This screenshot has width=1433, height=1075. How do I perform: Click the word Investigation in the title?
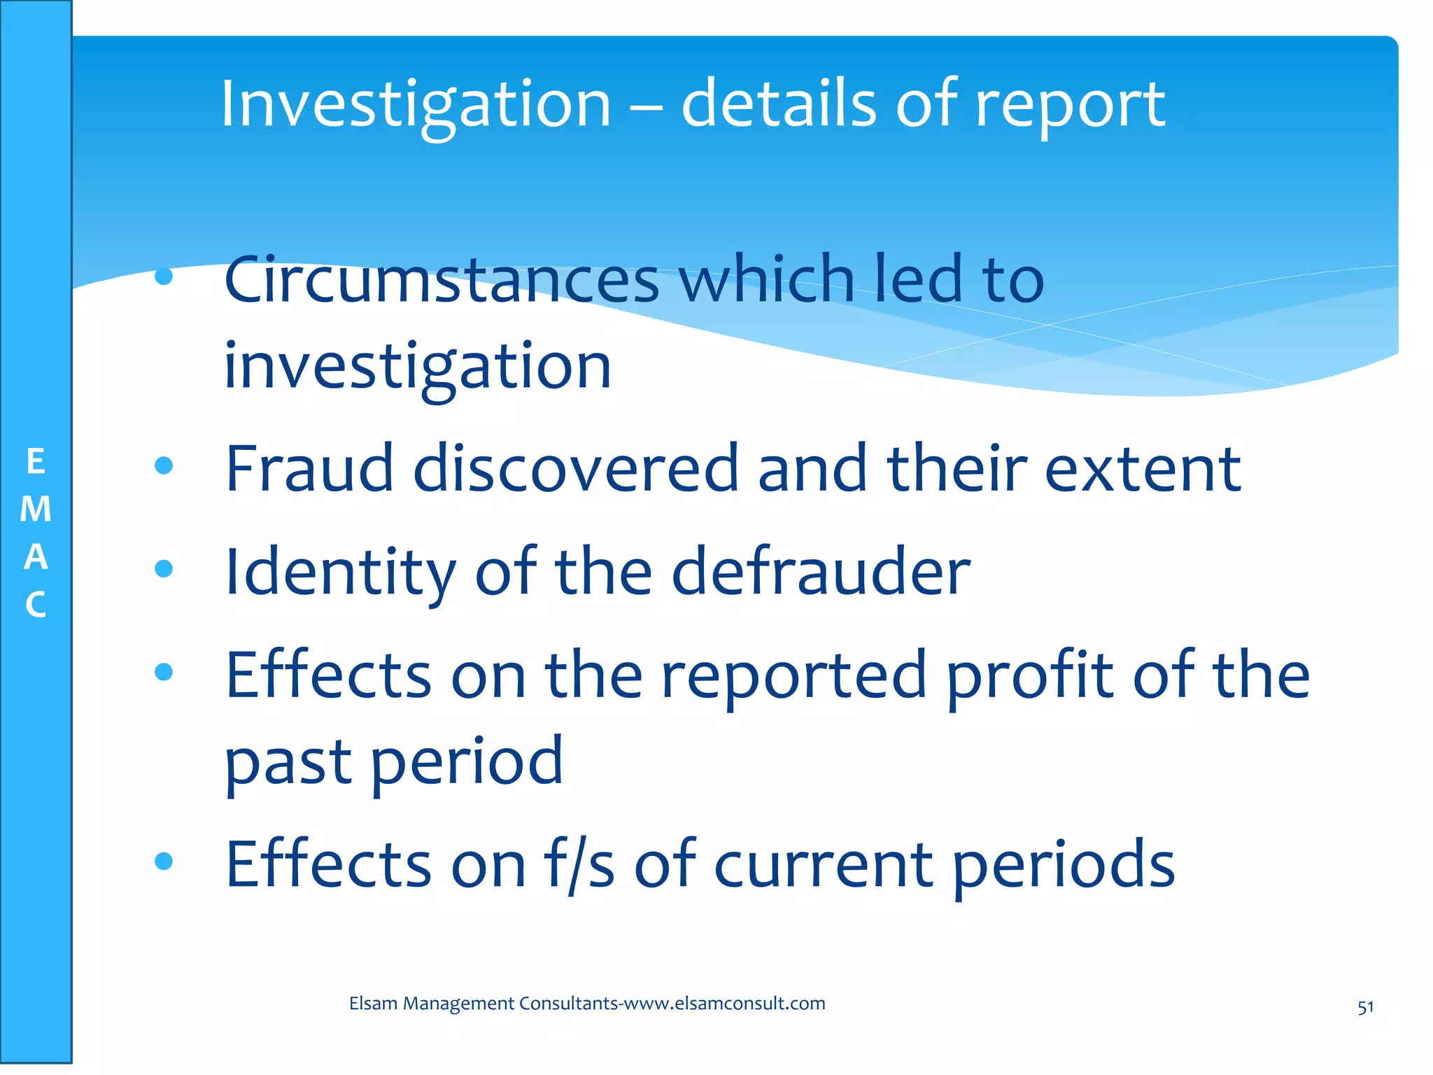coord(416,105)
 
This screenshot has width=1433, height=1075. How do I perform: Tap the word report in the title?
coord(1070,105)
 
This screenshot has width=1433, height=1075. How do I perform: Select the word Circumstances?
coord(442,280)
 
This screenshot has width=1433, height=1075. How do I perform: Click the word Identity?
coord(340,572)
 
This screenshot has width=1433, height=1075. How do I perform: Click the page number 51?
coord(1365,1008)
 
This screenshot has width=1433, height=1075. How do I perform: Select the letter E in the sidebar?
coord(36,462)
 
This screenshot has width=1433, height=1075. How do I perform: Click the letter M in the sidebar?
coord(36,510)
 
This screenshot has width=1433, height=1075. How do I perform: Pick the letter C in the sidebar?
coord(36,605)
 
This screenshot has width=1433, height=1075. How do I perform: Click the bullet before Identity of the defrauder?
coord(164,568)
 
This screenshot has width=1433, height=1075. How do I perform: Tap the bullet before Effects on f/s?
coord(164,860)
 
